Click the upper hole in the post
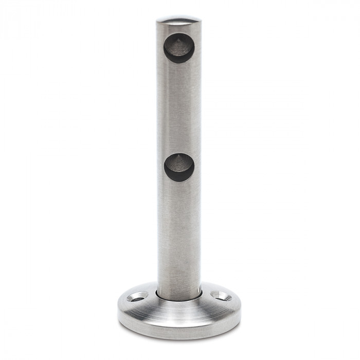coord(179,47)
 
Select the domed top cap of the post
coord(178,22)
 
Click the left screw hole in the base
coord(138,297)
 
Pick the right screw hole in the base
coord(221,296)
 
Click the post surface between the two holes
coord(179,108)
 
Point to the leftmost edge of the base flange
coord(118,309)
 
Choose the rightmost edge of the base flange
coord(240,309)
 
